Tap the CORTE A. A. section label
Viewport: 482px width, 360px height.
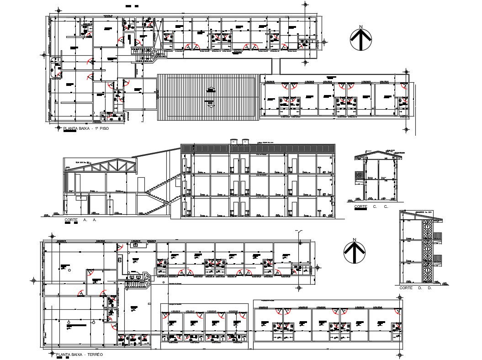80,220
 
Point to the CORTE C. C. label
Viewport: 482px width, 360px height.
371,207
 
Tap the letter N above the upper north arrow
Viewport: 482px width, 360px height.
361,27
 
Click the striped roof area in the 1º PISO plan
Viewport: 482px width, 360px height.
208,97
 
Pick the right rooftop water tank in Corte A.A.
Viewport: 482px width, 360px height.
246,142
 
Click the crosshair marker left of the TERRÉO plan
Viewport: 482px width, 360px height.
32,280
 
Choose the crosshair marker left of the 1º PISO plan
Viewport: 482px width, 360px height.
43,55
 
